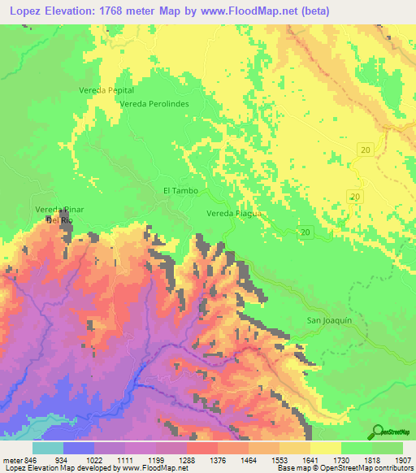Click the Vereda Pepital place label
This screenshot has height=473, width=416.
(x=106, y=90)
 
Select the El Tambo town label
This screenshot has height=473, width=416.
(x=180, y=191)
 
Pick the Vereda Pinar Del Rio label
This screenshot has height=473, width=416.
(x=60, y=215)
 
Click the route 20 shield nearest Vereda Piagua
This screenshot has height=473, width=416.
(x=305, y=232)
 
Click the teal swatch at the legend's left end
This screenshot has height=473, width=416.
(x=48, y=448)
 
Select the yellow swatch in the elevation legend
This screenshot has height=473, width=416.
(x=325, y=448)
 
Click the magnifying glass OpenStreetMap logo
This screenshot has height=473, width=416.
(x=379, y=432)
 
